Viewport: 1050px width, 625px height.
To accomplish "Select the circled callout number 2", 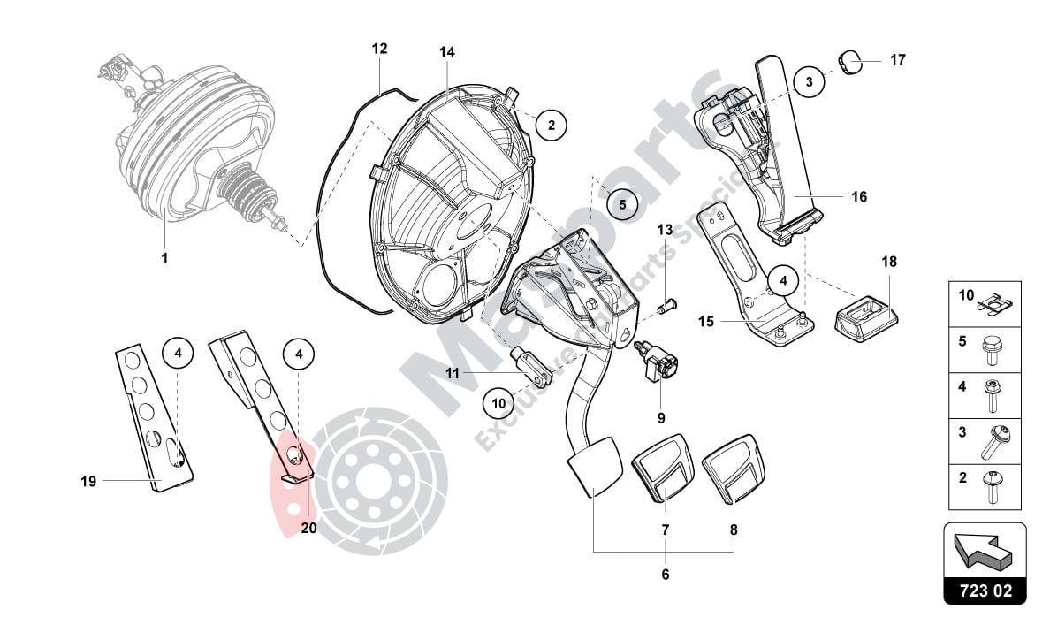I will click(551, 126).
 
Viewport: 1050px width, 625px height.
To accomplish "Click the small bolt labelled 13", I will click(669, 307).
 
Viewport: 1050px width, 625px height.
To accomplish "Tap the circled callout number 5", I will click(621, 204).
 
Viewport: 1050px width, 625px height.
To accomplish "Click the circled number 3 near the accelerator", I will click(808, 82).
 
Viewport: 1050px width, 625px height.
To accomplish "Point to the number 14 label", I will click(447, 53).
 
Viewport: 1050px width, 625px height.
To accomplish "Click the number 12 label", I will click(379, 50).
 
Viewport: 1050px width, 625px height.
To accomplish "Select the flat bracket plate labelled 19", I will click(154, 415).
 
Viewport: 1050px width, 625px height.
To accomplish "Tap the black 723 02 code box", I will click(985, 590).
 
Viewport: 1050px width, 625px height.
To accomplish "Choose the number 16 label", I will click(859, 197).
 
